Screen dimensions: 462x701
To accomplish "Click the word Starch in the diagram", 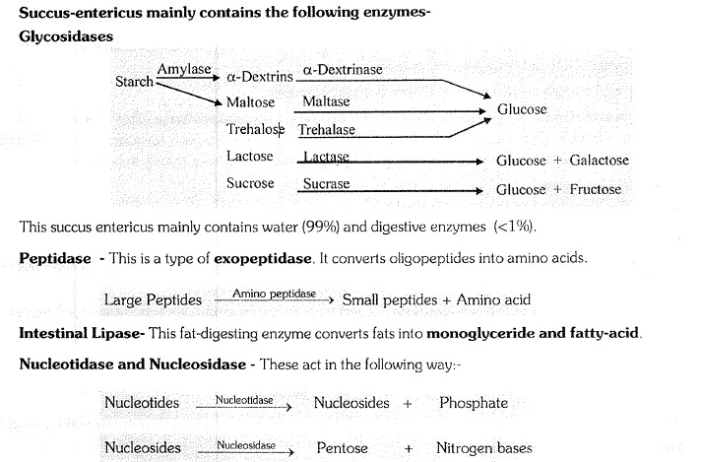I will click(135, 82).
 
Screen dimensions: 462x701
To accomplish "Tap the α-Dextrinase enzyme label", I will click(343, 70).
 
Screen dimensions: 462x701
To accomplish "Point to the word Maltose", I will click(250, 101).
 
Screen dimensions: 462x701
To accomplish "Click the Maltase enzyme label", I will click(326, 101).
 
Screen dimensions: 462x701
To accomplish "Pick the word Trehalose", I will click(255, 129).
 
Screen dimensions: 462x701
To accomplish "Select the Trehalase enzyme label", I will click(327, 129).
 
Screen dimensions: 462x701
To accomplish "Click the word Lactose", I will click(249, 157).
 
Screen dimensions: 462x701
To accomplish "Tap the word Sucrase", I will click(326, 184).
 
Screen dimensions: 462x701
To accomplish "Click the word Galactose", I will click(599, 161).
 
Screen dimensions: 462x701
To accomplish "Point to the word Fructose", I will click(595, 189).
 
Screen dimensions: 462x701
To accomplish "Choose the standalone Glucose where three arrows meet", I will click(522, 109).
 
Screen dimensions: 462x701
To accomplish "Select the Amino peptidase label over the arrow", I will click(274, 294).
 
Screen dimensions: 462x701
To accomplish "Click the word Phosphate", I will click(474, 402).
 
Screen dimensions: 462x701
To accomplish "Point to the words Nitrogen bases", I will click(483, 448).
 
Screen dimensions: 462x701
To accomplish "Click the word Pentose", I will click(342, 448).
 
